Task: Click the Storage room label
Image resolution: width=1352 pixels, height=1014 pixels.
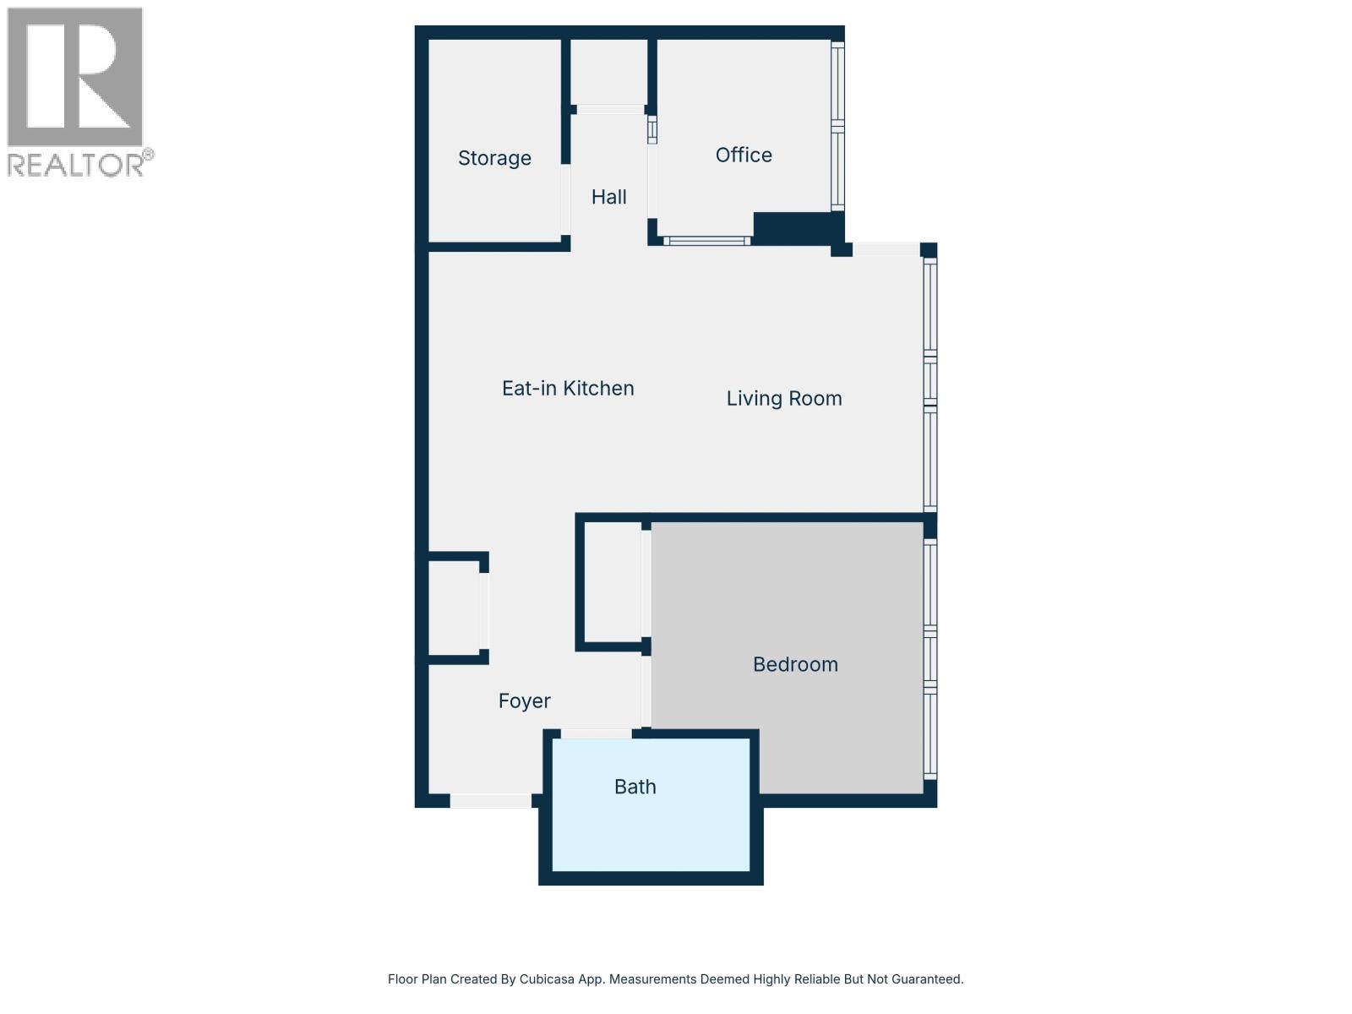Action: click(x=494, y=158)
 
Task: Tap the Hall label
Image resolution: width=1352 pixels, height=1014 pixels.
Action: click(x=608, y=197)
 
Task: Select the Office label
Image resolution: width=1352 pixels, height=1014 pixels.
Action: click(x=744, y=155)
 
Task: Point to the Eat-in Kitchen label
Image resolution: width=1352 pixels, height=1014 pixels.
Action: click(x=568, y=388)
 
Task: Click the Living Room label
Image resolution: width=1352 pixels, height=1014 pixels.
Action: click(x=784, y=398)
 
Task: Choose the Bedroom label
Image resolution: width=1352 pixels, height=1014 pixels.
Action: click(x=795, y=664)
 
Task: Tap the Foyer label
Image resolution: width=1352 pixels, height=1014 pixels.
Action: click(x=524, y=701)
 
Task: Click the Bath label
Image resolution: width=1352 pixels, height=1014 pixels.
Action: click(x=635, y=787)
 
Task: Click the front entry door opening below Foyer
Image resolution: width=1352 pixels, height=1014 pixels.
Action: click(x=490, y=801)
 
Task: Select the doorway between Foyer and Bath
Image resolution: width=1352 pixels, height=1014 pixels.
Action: click(x=596, y=733)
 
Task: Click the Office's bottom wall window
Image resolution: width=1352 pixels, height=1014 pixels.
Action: click(x=706, y=241)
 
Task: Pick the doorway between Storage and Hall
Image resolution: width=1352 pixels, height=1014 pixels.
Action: click(x=565, y=199)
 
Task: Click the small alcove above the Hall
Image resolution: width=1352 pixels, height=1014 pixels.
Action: click(x=609, y=72)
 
